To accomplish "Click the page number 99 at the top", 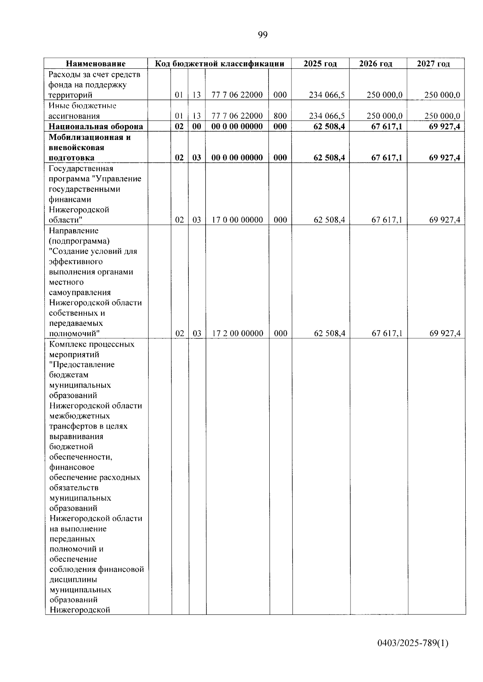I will click(262, 35).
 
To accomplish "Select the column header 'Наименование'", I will click(96, 64).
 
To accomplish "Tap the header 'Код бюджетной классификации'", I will click(220, 64).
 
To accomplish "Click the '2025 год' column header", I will click(320, 64).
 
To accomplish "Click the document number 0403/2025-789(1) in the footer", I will click(413, 643).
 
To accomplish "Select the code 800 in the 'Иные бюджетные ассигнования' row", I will click(280, 116).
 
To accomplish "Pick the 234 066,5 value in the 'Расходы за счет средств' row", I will click(327, 95).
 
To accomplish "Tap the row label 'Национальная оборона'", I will click(96, 127).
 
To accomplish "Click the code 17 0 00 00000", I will click(237, 220).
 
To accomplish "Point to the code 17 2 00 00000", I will click(237, 333).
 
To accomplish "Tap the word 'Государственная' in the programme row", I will click(81, 168).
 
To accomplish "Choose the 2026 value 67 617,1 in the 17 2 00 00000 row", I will click(387, 333).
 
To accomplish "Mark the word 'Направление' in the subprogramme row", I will click(74, 231).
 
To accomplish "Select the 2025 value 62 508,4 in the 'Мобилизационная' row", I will click(329, 158).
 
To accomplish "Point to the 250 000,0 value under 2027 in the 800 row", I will click(442, 116).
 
